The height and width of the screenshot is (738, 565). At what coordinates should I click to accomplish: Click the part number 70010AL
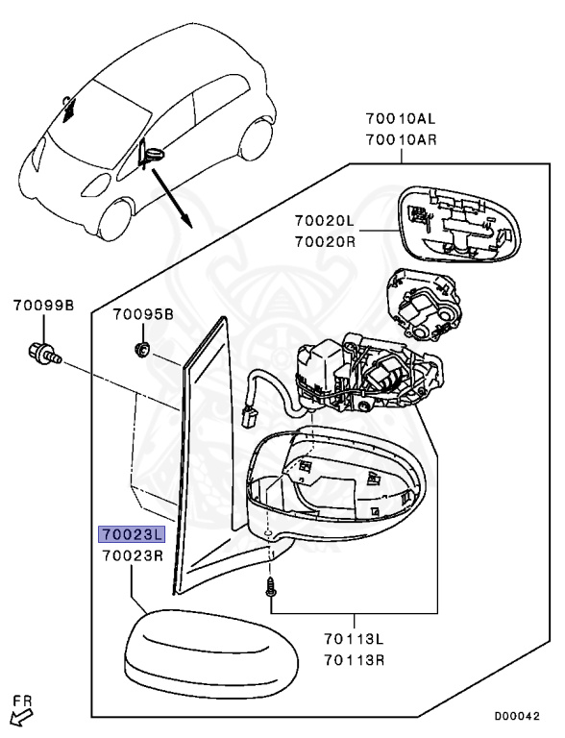pyautogui.click(x=401, y=121)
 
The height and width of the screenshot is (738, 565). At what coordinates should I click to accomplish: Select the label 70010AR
pyautogui.click(x=401, y=140)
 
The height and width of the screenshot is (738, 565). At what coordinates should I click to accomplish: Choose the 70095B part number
pyautogui.click(x=143, y=315)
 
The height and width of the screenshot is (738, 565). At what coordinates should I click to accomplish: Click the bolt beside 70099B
pyautogui.click(x=45, y=355)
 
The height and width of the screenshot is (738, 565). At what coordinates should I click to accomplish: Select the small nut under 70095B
pyautogui.click(x=142, y=348)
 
